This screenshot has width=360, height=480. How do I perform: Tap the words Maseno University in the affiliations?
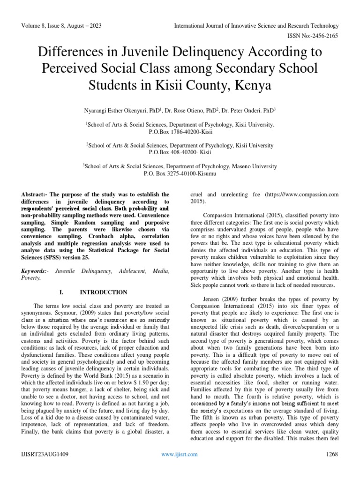coord(254,166)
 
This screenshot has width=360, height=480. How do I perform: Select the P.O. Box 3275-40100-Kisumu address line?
coord(180,173)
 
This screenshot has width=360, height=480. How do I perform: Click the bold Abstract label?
coord(36,194)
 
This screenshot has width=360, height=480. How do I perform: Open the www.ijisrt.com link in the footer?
coord(180,454)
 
